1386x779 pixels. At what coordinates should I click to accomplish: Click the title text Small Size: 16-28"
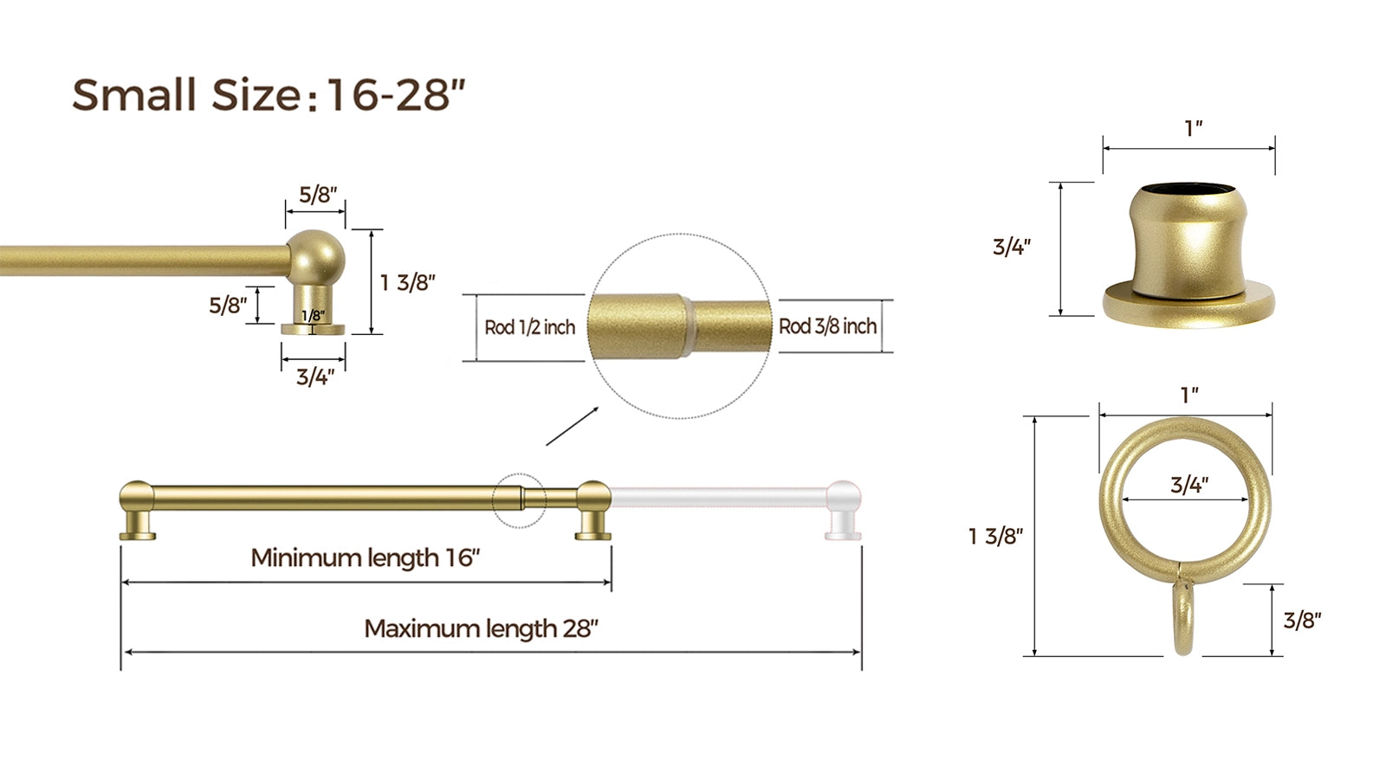[269, 94]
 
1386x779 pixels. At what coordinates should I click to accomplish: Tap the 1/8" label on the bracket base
[313, 316]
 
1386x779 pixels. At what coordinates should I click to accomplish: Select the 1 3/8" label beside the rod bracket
[408, 282]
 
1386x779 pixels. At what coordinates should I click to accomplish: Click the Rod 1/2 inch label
[529, 327]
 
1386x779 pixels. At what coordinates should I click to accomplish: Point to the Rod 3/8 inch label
[827, 325]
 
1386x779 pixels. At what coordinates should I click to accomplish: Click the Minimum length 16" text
[366, 557]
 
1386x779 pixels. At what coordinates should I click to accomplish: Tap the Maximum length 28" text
[482, 628]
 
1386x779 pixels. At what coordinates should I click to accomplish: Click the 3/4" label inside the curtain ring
[1189, 485]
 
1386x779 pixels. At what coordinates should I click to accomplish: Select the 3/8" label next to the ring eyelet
[1302, 620]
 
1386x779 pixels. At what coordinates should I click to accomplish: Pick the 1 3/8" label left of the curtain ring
[995, 536]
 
